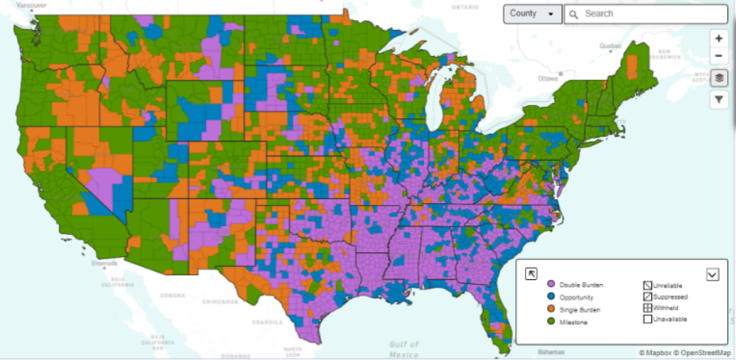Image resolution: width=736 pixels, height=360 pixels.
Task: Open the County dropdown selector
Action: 532,13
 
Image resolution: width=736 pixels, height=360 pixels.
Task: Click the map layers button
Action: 719,78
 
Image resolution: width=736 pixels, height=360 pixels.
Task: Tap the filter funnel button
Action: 719,99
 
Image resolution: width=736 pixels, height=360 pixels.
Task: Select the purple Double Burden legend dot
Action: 551,285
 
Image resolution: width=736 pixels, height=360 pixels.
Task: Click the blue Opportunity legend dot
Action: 551,297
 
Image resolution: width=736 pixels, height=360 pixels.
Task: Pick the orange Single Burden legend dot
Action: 551,310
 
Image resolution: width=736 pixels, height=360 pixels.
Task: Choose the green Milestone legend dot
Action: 551,322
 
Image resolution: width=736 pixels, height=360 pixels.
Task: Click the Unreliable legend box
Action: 647,285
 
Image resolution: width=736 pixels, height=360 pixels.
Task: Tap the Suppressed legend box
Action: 647,296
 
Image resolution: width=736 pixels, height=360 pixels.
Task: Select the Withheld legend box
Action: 647,308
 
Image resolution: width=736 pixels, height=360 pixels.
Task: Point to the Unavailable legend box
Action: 647,319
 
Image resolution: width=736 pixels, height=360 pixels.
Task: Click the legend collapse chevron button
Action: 712,274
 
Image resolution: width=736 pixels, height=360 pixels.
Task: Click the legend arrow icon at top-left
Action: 532,274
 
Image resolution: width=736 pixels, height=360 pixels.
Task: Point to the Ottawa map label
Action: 548,79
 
